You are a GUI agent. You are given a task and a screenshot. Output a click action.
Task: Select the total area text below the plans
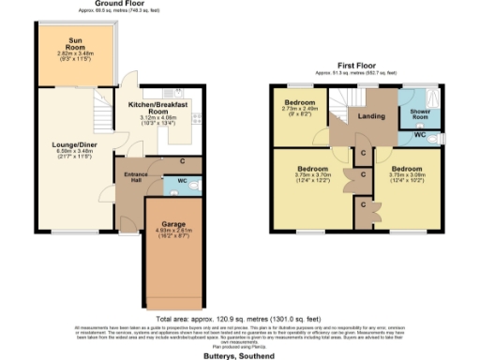click(x=240, y=319)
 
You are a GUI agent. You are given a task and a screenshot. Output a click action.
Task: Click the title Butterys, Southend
click(x=240, y=355)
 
